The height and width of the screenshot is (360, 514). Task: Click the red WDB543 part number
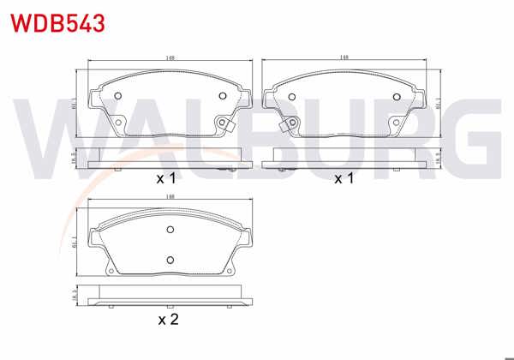click(57, 21)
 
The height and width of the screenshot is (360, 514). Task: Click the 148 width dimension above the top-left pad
click(172, 58)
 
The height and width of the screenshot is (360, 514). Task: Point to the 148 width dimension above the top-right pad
click(344, 58)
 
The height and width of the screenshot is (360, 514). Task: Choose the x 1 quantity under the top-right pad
click(344, 179)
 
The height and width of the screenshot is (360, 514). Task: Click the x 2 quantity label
click(168, 321)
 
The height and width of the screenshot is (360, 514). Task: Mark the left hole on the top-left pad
click(119, 95)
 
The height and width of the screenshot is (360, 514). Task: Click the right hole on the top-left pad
click(224, 95)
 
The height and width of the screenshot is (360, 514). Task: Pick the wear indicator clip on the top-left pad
click(227, 126)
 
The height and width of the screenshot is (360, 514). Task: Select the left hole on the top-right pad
click(289, 95)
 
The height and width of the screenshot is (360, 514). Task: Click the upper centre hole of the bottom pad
click(170, 229)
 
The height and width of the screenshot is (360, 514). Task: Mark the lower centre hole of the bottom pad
click(170, 260)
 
